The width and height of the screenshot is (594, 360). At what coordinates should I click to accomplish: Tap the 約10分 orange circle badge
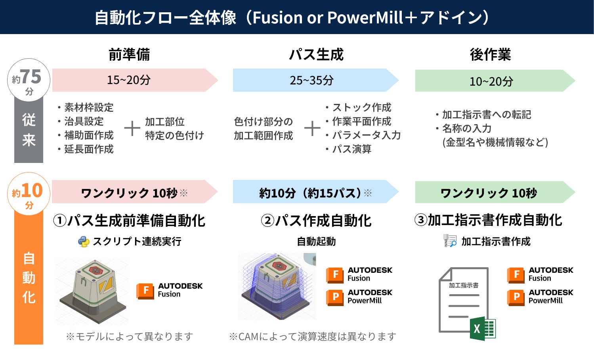point(29,194)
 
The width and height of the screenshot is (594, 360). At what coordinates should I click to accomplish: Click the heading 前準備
point(129,54)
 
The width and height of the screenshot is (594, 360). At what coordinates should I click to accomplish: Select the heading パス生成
point(316,54)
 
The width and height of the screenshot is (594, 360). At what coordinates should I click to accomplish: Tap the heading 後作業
point(490,54)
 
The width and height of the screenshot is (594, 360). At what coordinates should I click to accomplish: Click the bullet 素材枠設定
point(89,107)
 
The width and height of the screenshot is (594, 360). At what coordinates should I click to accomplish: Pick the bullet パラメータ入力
point(366,135)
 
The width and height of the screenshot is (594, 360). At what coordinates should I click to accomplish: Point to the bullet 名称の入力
point(466,128)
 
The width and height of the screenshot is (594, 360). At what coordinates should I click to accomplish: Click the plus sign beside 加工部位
point(132,128)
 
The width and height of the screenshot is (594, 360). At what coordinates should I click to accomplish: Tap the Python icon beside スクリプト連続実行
point(84,241)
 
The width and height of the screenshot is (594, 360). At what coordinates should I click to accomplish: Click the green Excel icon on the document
point(483,328)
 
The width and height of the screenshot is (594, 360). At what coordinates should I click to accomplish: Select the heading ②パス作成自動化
point(316,220)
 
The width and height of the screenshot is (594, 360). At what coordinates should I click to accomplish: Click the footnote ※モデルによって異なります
point(130,337)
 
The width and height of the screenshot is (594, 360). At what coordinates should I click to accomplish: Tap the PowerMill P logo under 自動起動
point(335,297)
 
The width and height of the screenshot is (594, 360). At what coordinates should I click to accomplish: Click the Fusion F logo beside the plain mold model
point(145,290)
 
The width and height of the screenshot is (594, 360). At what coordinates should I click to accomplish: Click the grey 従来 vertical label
point(29,130)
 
